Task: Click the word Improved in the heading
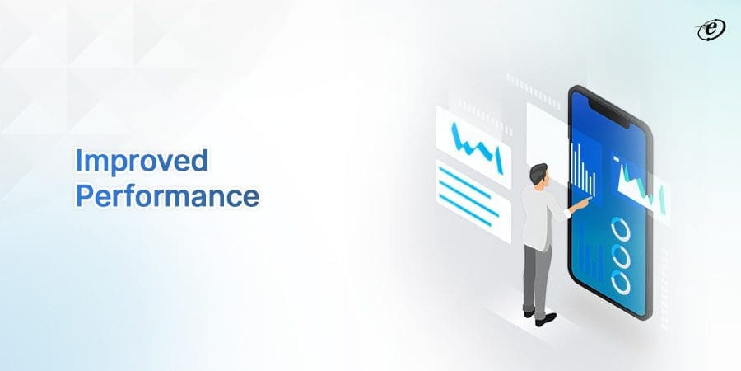click(141, 162)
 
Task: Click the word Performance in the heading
click(168, 197)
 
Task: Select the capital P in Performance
click(82, 195)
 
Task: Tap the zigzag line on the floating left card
click(474, 145)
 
